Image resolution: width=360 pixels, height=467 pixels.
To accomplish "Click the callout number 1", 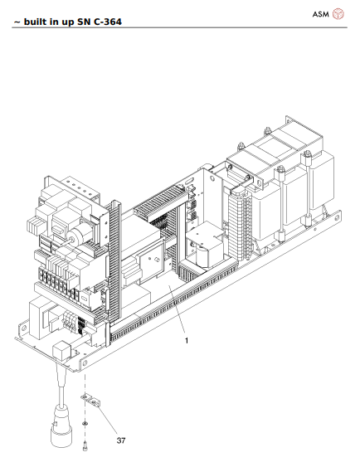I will click(x=187, y=340).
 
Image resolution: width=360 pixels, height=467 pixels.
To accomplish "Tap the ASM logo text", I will click(x=320, y=14).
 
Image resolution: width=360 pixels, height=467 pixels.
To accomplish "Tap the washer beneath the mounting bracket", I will click(x=85, y=423).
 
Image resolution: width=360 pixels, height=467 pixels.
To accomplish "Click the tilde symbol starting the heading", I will click(x=17, y=22).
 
